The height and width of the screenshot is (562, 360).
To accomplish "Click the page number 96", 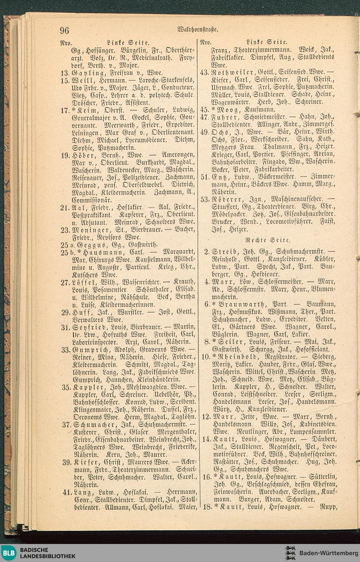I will click(x=64, y=30).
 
